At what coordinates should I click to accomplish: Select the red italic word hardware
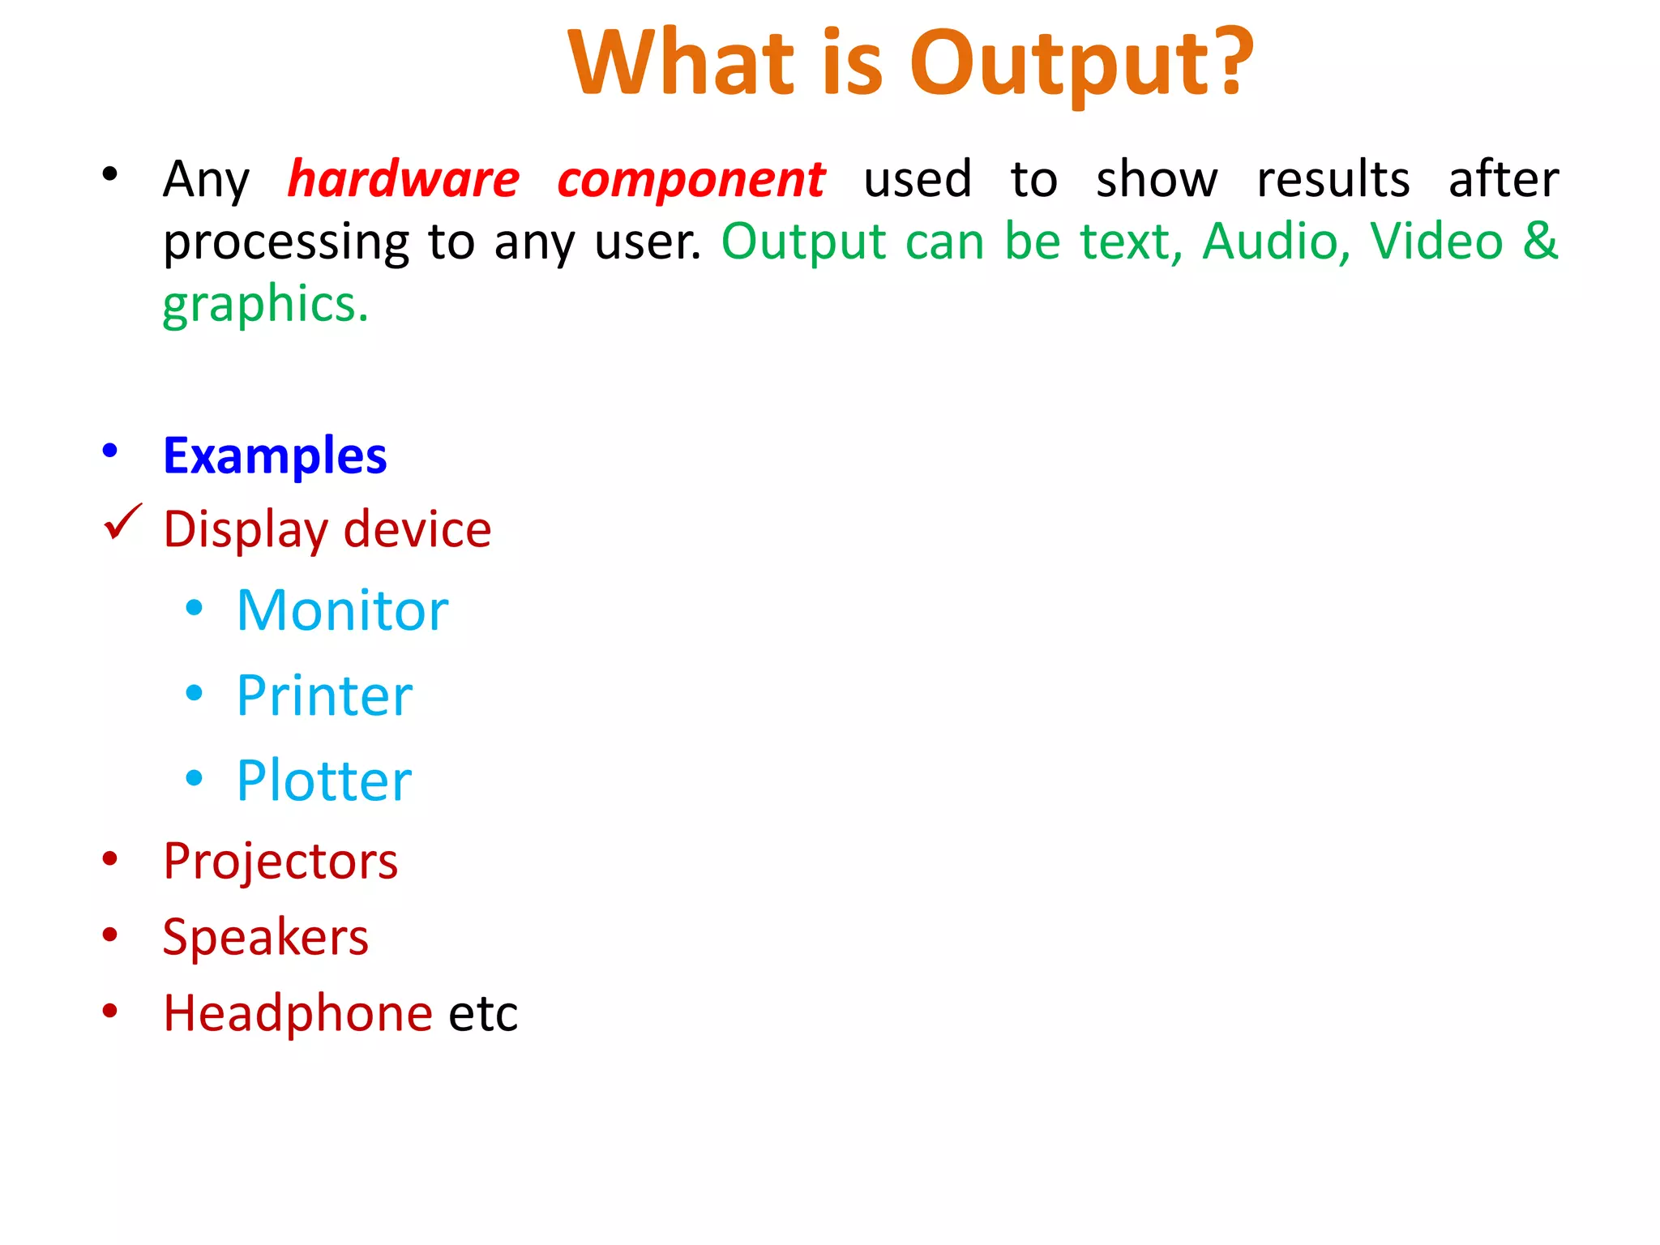click(404, 179)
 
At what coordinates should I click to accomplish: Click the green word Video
click(1436, 242)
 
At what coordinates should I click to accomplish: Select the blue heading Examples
click(275, 456)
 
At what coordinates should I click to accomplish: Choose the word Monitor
click(342, 610)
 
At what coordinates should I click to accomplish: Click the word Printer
click(324, 696)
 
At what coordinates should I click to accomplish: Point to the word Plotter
click(324, 781)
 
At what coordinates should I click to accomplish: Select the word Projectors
click(280, 862)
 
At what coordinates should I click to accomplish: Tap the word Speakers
click(265, 938)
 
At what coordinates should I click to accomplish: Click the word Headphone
click(297, 1013)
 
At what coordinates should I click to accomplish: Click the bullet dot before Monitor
click(194, 608)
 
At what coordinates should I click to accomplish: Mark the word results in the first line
click(1333, 179)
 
